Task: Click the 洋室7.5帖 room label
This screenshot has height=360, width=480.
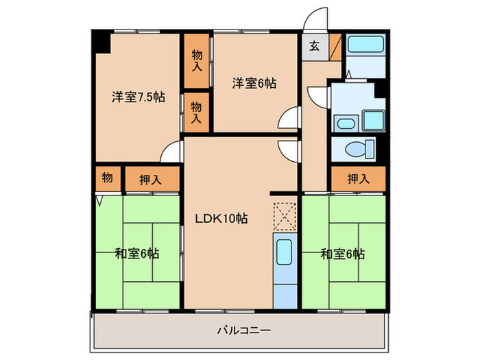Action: (139, 97)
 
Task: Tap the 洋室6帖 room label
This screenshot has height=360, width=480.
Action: (254, 83)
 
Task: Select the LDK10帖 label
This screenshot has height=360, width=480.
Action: (221, 219)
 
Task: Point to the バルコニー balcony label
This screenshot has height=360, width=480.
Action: (244, 331)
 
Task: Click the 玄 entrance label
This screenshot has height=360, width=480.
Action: (314, 46)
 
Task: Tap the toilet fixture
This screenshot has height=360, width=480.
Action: (360, 149)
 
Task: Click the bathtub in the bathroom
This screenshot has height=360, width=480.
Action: (365, 44)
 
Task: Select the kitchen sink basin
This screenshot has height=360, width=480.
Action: (285, 252)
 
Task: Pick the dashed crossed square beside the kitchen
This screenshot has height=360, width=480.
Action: (285, 216)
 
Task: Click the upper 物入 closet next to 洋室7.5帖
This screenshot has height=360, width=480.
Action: (197, 60)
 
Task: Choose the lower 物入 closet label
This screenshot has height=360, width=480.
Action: (197, 112)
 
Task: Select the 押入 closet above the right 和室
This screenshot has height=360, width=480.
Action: (359, 179)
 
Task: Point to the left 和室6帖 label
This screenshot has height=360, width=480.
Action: (137, 254)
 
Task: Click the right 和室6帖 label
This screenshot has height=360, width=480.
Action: (343, 254)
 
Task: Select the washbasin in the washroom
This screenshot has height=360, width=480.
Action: (346, 124)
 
